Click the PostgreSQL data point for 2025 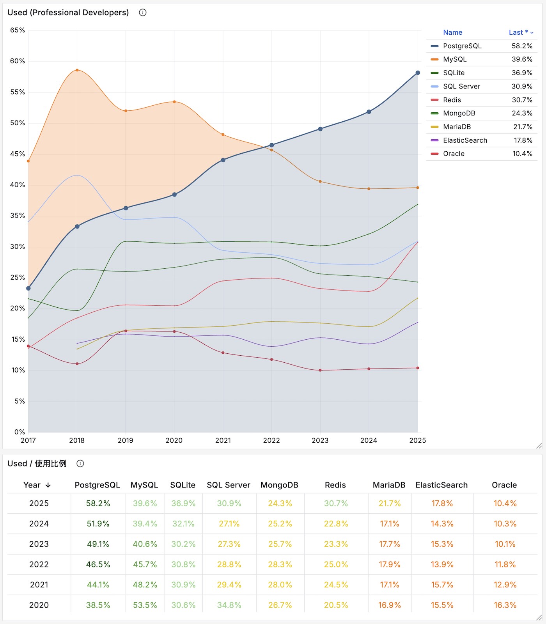tap(418, 73)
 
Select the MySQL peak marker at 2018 tap(77, 70)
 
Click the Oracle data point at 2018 tap(77, 364)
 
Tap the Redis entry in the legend tap(452, 100)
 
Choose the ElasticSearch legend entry tap(465, 140)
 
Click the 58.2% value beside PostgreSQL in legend tap(522, 46)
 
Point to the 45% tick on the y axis tap(17, 154)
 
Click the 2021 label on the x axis tap(223, 440)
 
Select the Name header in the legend tap(452, 32)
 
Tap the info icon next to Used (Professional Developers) tap(143, 12)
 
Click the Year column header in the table tap(37, 485)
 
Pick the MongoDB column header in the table tap(279, 485)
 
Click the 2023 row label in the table tap(39, 544)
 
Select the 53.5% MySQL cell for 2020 tap(145, 605)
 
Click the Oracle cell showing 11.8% tap(505, 564)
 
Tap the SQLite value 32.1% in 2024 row tap(183, 524)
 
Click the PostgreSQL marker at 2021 tap(223, 160)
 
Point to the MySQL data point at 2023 tap(320, 182)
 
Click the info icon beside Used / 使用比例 tap(80, 463)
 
